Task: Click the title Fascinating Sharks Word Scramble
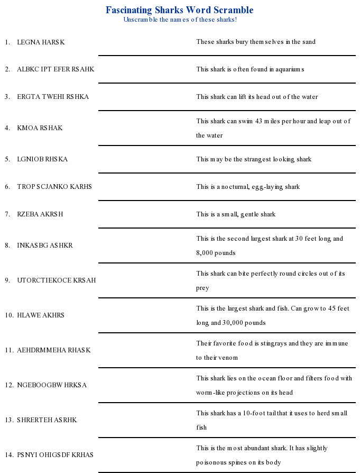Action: pyautogui.click(x=179, y=10)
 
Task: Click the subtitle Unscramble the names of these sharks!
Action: pyautogui.click(x=180, y=20)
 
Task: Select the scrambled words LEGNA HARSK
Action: pyautogui.click(x=41, y=42)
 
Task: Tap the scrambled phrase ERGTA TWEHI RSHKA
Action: pyautogui.click(x=53, y=97)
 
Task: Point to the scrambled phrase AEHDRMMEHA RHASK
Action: pyautogui.click(x=54, y=350)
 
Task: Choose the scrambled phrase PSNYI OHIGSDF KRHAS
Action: pyautogui.click(x=55, y=454)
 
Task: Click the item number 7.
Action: pyautogui.click(x=7, y=214)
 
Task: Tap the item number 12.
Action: pyautogui.click(x=9, y=385)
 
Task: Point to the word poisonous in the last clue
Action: pyautogui.click(x=215, y=462)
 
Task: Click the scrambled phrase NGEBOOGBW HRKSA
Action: pyautogui.click(x=52, y=385)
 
